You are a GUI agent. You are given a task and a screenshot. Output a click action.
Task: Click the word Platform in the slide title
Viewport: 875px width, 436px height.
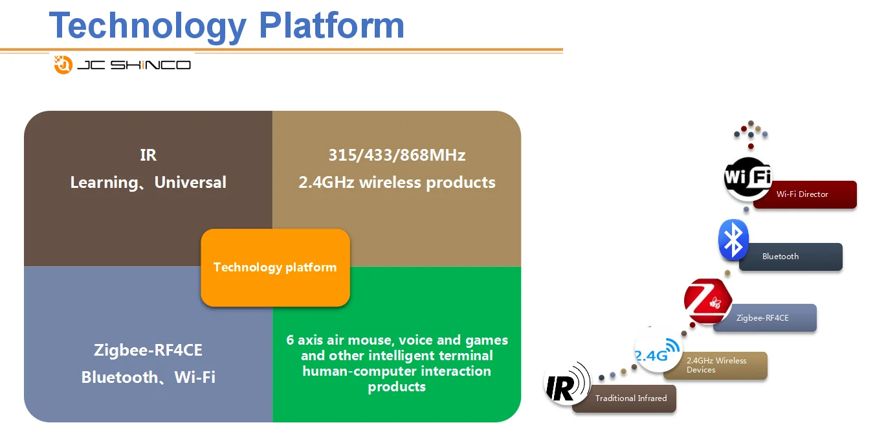point(331,26)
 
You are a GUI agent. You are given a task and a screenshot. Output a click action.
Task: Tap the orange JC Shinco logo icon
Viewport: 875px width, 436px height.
point(63,64)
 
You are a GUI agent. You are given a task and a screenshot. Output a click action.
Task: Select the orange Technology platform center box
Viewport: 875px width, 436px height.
point(275,268)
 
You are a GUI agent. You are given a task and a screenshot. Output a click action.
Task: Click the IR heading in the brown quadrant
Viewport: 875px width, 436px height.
point(148,155)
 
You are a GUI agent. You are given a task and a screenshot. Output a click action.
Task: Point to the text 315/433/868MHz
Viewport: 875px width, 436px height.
point(397,155)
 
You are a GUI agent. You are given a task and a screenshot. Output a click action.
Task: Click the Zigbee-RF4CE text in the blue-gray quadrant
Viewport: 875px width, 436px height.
point(148,350)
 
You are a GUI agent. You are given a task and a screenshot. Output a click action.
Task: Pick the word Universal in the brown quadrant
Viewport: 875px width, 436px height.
point(190,183)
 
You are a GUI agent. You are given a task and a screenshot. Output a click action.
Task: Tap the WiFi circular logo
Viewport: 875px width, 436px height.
point(748,176)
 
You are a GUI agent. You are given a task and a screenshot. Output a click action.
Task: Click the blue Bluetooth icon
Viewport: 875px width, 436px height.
point(733,240)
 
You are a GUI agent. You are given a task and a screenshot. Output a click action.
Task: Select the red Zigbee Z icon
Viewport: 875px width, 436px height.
point(707,301)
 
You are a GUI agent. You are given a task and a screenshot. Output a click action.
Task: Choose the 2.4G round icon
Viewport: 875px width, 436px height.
point(658,350)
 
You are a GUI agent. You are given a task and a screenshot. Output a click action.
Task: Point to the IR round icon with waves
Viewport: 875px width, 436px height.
point(566,383)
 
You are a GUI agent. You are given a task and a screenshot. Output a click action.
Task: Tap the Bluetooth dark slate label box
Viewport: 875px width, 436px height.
point(791,257)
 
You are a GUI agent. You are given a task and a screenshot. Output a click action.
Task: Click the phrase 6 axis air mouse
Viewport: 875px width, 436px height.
point(339,340)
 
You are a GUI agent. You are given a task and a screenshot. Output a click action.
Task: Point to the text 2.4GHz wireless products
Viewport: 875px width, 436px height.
point(397,183)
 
